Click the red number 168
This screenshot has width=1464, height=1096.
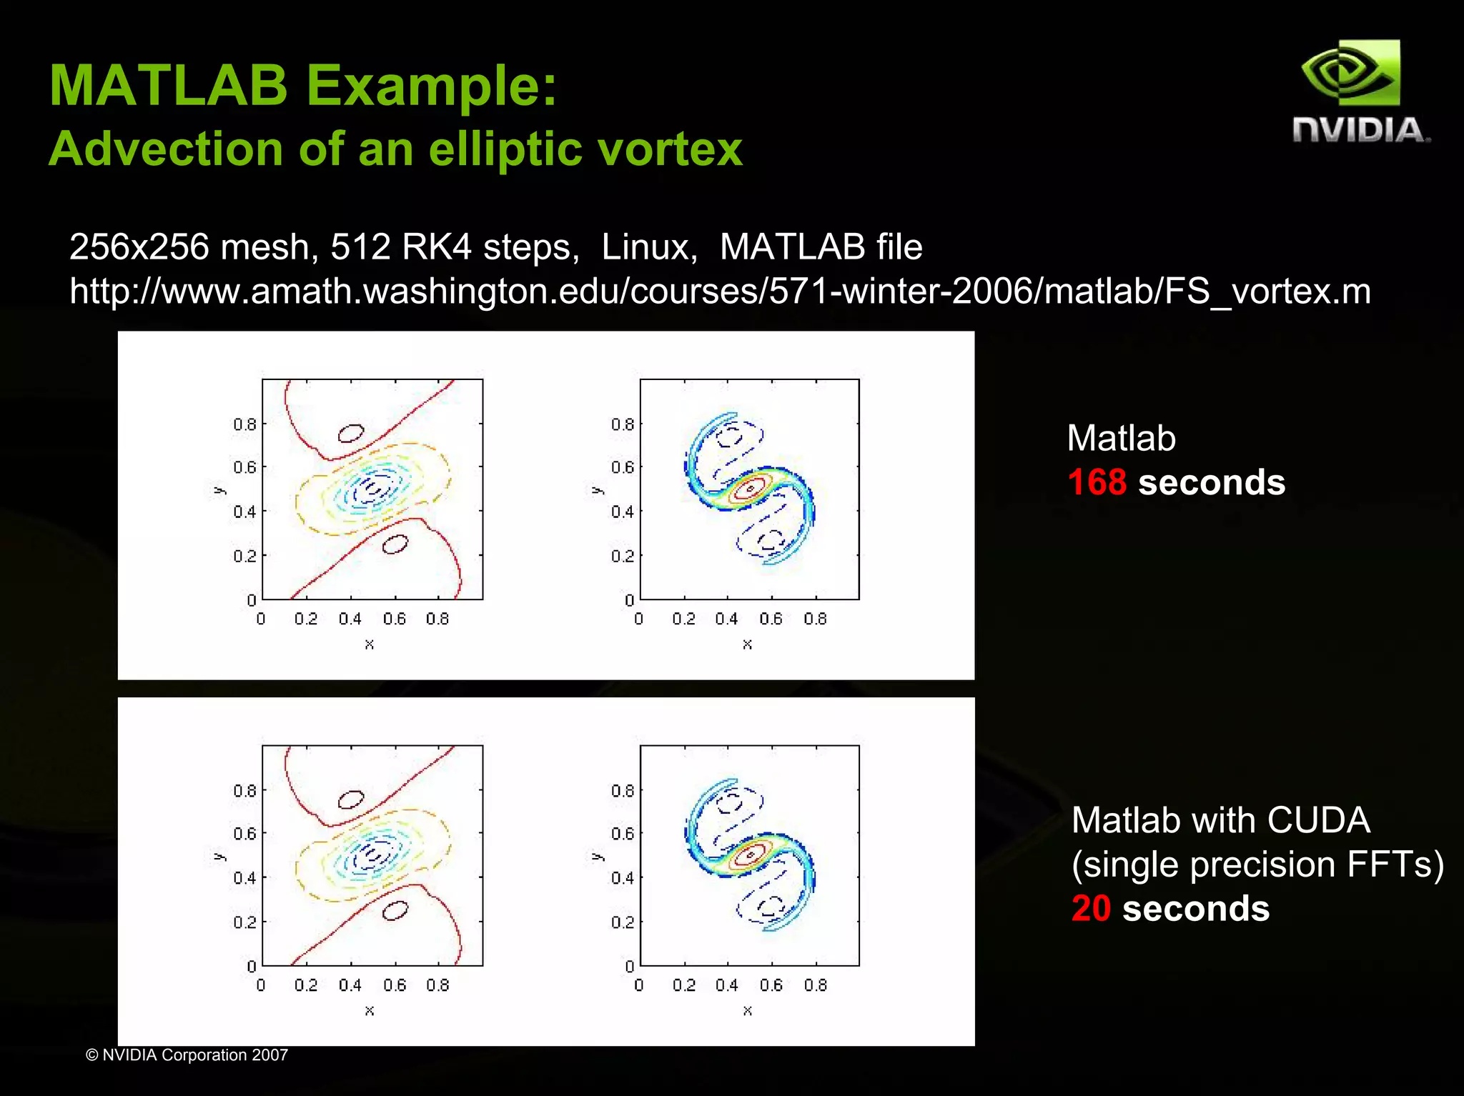point(1097,482)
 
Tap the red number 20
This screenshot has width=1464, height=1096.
point(1090,909)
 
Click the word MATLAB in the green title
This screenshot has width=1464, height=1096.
point(168,86)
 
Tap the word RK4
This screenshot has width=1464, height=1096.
point(436,247)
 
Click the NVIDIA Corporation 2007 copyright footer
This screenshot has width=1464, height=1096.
point(187,1055)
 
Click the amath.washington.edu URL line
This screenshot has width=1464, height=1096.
point(720,292)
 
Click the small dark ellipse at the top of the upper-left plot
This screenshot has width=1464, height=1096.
point(350,433)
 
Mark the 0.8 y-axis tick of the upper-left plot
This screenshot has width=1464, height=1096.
point(244,424)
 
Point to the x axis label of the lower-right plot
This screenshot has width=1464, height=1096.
point(747,1010)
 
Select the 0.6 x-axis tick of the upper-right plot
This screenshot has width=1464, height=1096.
point(771,619)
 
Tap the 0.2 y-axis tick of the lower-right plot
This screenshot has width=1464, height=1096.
point(622,922)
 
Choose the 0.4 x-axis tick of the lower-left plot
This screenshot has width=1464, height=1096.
point(350,985)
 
